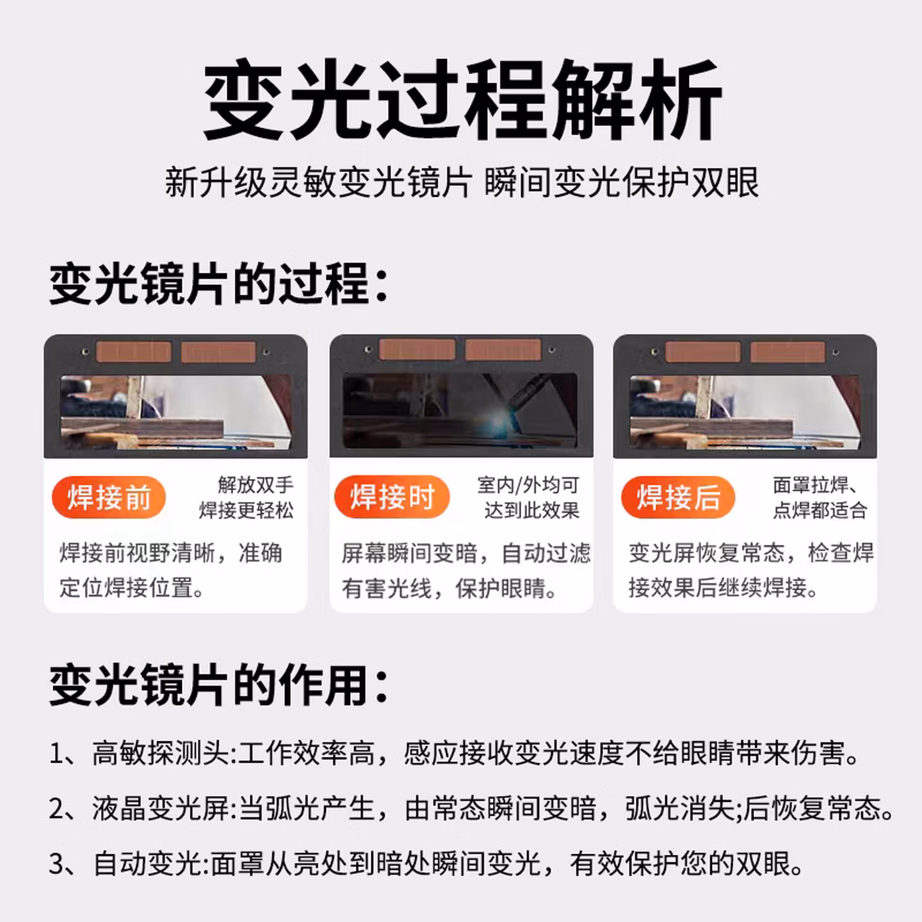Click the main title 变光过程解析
pyautogui.click(x=462, y=99)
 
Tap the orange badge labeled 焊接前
pyautogui.click(x=109, y=497)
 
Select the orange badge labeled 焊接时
pyautogui.click(x=392, y=497)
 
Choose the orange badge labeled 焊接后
pyautogui.click(x=678, y=497)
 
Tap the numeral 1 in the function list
pyautogui.click(x=56, y=754)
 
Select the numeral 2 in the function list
pyautogui.click(x=57, y=809)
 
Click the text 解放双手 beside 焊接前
pyautogui.click(x=255, y=485)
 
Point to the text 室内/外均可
pyautogui.click(x=528, y=485)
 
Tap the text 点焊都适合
pyautogui.click(x=820, y=510)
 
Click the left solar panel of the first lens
pyautogui.click(x=133, y=352)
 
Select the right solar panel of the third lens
pyautogui.click(x=788, y=352)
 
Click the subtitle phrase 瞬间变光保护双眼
pyautogui.click(x=622, y=182)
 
